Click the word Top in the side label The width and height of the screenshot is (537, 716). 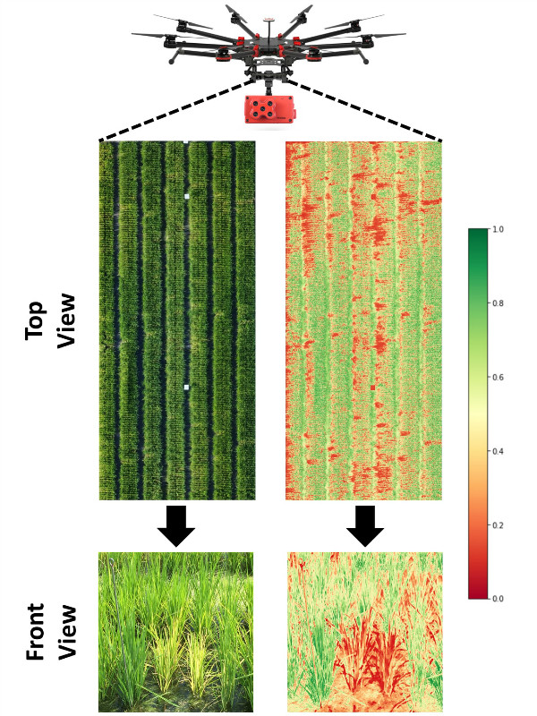[36, 318]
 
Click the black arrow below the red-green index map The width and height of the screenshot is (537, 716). [364, 526]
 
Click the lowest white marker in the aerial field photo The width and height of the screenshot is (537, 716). [186, 387]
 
